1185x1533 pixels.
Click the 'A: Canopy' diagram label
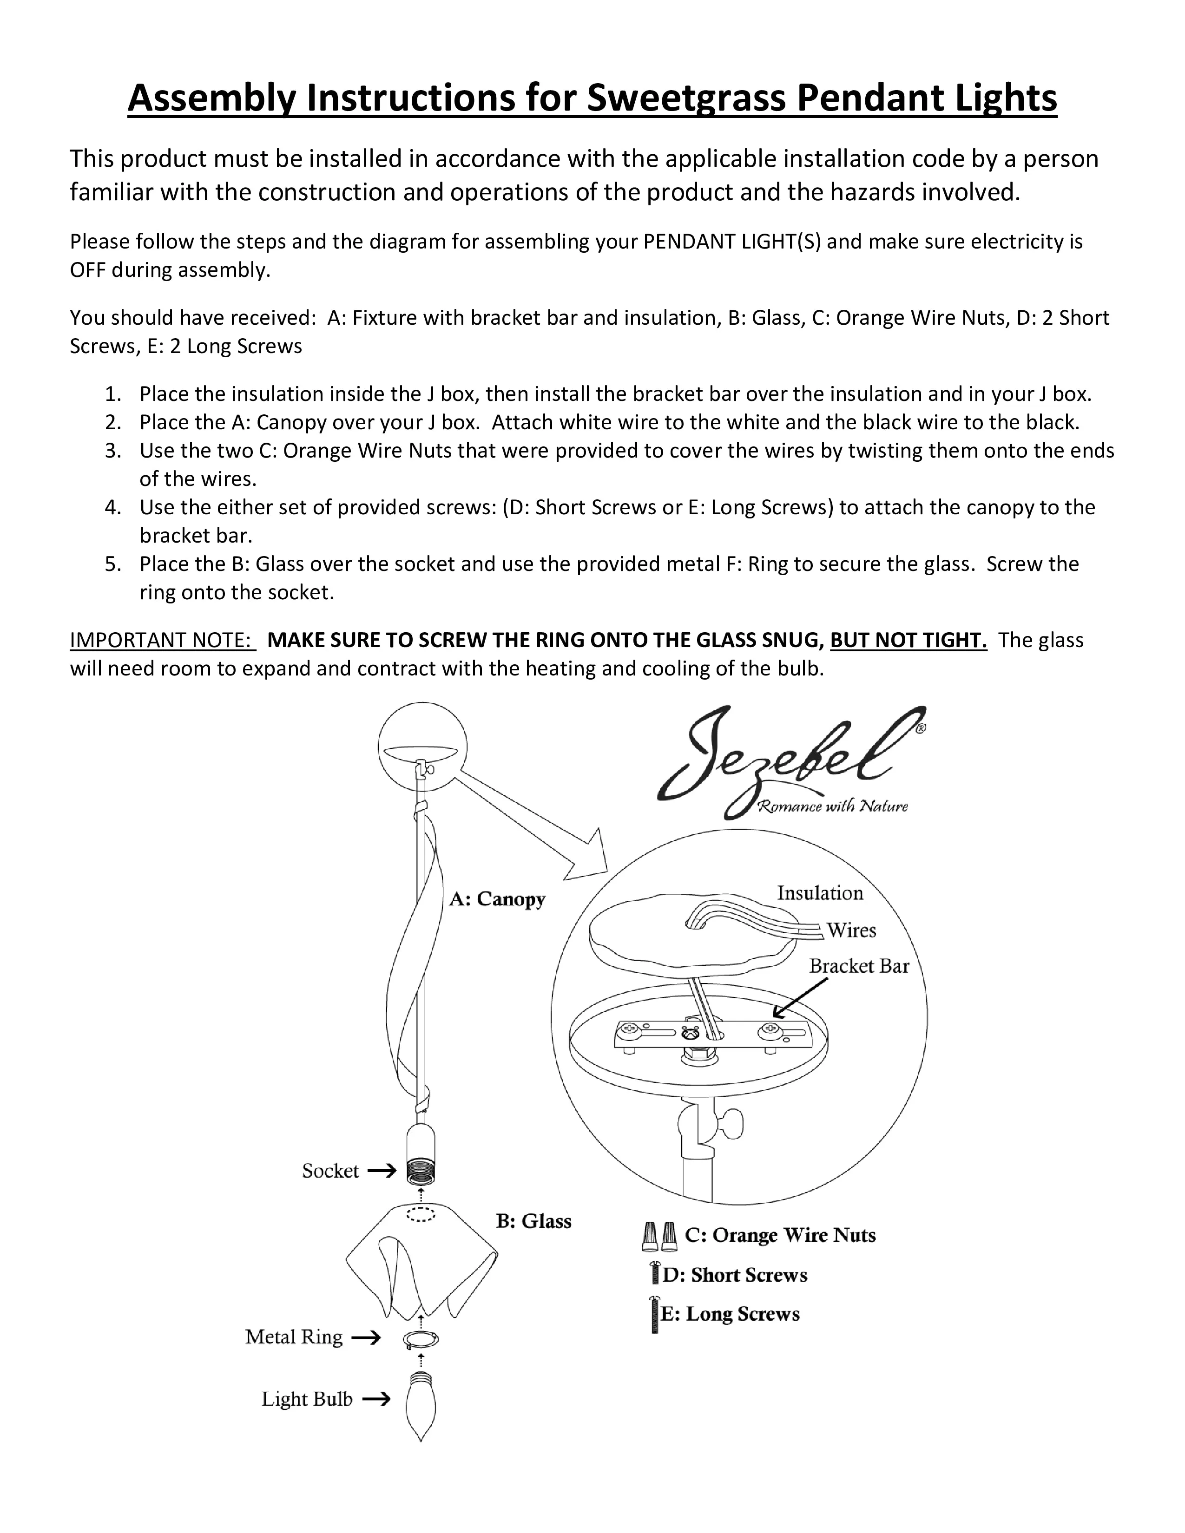click(497, 899)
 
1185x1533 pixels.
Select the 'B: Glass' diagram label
click(533, 1221)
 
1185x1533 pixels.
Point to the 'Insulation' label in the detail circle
click(819, 893)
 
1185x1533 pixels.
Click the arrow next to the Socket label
click(381, 1171)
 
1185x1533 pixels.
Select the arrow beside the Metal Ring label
click(365, 1338)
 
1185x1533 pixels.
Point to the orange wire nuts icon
click(659, 1236)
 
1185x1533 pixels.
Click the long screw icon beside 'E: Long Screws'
click(654, 1314)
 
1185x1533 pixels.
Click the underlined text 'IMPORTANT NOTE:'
click(161, 640)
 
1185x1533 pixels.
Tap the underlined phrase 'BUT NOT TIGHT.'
click(908, 640)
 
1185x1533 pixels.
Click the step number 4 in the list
click(113, 507)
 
